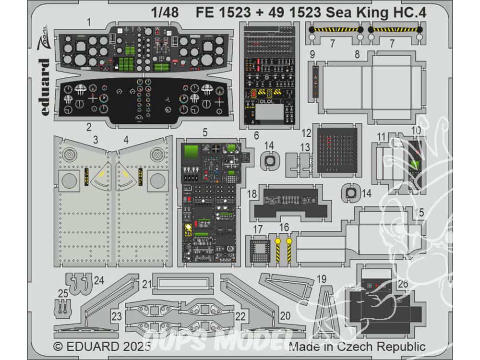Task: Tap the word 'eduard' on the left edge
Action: (x=45, y=87)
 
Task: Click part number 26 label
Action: (x=403, y=284)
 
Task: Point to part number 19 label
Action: (x=322, y=279)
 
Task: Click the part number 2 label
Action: (x=88, y=127)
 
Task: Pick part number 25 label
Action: (x=63, y=293)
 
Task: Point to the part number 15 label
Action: (x=419, y=212)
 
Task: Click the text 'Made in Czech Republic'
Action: (x=358, y=347)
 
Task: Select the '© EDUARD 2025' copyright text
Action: (x=102, y=347)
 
